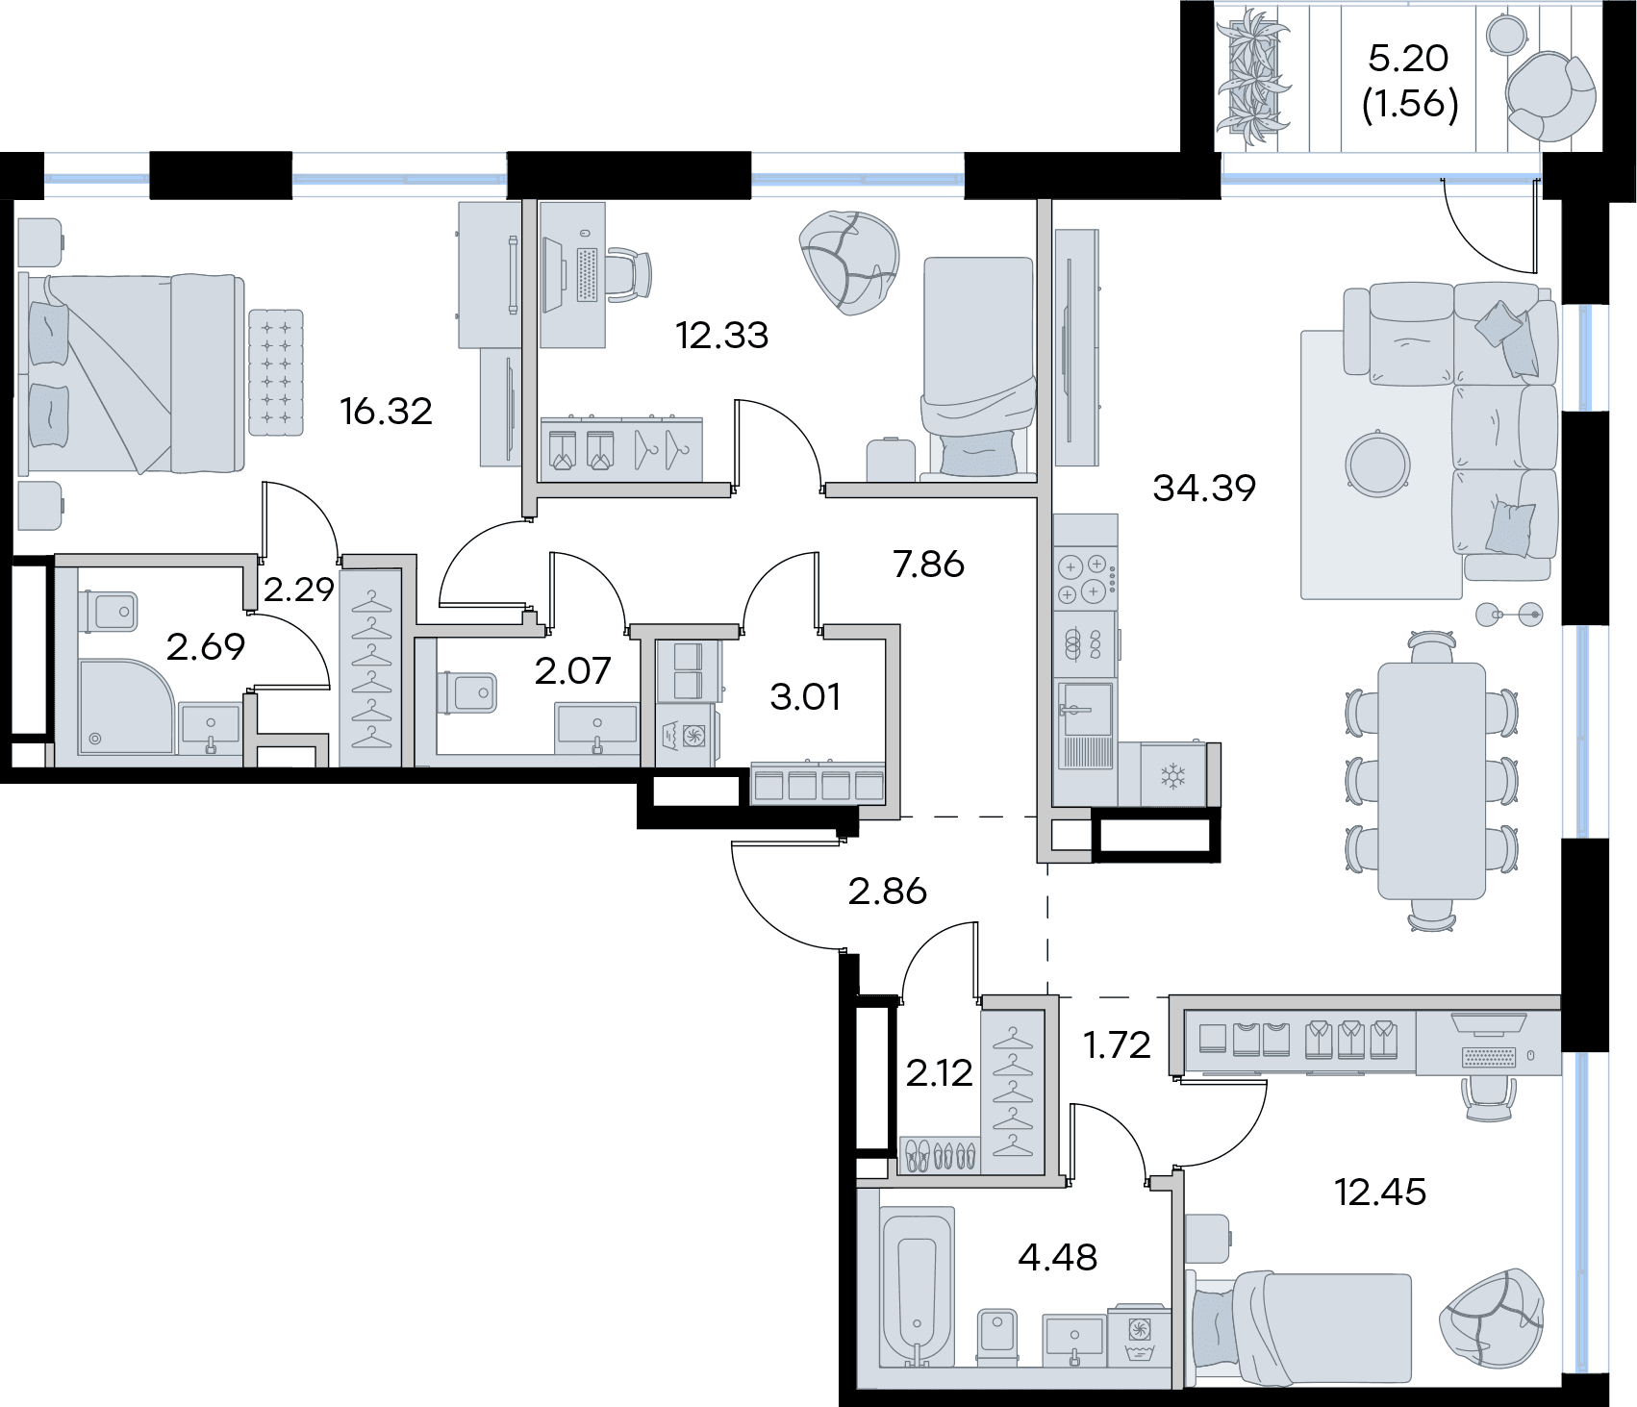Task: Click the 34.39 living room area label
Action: [x=1204, y=489]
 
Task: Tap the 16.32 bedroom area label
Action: [x=386, y=412]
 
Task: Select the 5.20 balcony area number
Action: [x=1408, y=59]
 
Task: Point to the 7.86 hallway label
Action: [x=928, y=565]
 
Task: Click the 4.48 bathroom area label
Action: [x=1057, y=1257]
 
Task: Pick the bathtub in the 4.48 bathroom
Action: [x=918, y=1288]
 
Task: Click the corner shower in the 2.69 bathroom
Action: [x=126, y=707]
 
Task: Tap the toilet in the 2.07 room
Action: [x=466, y=692]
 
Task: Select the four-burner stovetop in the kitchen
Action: [x=1085, y=579]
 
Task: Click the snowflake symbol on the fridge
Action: [x=1172, y=775]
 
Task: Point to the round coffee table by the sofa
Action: [x=1378, y=464]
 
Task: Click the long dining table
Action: [x=1432, y=780]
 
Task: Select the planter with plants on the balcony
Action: [x=1252, y=76]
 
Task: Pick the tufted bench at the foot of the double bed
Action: [x=276, y=372]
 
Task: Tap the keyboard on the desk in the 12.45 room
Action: [x=1489, y=1057]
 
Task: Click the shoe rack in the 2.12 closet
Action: [x=940, y=1155]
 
